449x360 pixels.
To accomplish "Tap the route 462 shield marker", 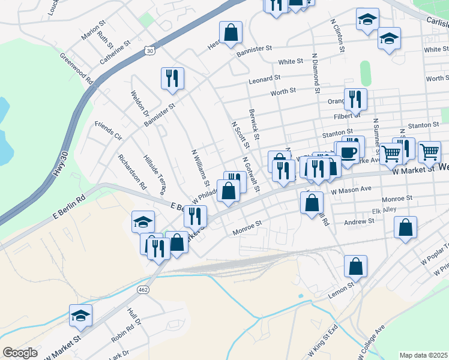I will click(x=143, y=289).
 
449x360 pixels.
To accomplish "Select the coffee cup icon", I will click(x=348, y=152).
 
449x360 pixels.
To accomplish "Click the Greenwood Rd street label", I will click(x=76, y=68).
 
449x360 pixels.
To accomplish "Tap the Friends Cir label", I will click(x=109, y=131).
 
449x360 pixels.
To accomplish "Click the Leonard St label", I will click(x=265, y=78).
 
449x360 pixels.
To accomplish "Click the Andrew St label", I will click(x=358, y=221).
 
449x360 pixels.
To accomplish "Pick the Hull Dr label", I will click(x=133, y=316).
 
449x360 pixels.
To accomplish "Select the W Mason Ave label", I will click(x=352, y=189).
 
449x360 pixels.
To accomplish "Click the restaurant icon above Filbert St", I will click(x=355, y=98).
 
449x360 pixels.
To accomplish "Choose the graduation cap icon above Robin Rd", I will click(x=80, y=315).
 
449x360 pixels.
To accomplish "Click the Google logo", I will click(x=20, y=353).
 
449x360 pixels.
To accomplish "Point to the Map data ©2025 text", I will click(x=424, y=355).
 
